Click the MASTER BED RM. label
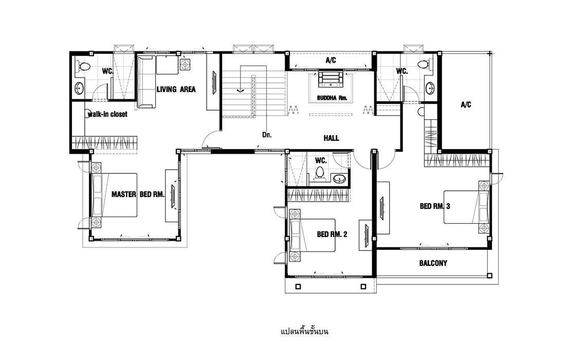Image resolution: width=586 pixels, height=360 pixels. (138, 194)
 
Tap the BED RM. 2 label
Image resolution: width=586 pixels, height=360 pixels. (332, 235)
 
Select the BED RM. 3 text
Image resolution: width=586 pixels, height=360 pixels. (435, 206)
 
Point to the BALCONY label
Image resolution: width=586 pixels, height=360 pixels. (433, 263)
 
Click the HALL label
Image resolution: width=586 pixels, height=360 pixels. (331, 138)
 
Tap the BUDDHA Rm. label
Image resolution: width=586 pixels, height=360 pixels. (332, 98)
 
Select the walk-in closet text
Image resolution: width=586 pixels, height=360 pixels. (107, 114)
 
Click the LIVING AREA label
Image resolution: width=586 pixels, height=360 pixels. (176, 89)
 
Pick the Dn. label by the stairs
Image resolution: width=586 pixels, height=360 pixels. (267, 135)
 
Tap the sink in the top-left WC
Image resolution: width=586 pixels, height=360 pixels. (79, 89)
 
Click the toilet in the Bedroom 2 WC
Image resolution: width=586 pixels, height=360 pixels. (320, 174)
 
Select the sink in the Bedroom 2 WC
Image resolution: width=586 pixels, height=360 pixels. (339, 178)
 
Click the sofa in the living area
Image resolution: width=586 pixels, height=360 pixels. (146, 81)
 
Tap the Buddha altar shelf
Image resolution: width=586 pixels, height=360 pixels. (331, 78)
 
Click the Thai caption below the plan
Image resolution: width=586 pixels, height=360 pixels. (304, 332)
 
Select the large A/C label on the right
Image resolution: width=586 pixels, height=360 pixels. (466, 105)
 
